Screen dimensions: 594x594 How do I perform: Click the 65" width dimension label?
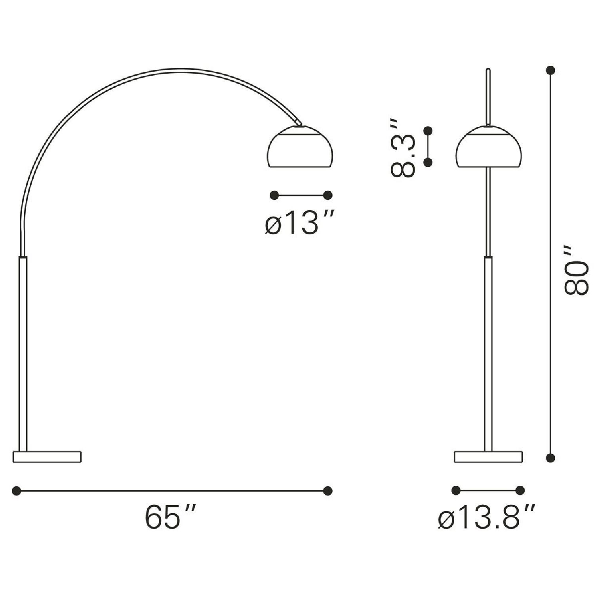point(169,517)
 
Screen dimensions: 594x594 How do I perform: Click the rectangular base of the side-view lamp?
point(47,457)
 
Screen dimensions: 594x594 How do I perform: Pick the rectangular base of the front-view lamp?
point(488,457)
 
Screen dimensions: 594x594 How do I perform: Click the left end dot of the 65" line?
point(16,491)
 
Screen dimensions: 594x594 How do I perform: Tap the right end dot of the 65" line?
point(327,491)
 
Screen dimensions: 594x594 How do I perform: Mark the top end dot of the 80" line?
point(550,70)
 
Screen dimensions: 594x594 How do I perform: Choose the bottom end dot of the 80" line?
point(550,458)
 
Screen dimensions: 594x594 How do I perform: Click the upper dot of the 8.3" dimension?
point(428,131)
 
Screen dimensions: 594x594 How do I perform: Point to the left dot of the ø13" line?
point(274,195)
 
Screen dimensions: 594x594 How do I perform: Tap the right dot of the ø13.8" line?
point(520,490)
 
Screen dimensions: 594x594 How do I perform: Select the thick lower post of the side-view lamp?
point(23,352)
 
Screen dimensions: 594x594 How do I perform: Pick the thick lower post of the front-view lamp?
point(489,352)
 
